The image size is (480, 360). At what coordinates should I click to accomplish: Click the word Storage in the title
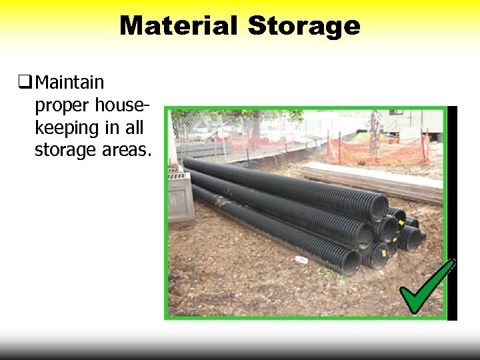[x=304, y=26]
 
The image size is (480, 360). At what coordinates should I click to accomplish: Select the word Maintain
[x=69, y=83]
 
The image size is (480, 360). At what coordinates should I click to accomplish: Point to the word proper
[x=63, y=105]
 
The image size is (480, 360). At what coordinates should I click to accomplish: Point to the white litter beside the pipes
[x=301, y=259]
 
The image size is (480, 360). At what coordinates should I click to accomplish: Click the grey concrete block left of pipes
[x=180, y=197]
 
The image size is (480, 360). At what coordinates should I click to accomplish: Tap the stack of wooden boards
[x=373, y=180]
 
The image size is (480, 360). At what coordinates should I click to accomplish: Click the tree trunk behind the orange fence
[x=375, y=133]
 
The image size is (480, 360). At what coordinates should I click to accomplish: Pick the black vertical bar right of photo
[x=453, y=213]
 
